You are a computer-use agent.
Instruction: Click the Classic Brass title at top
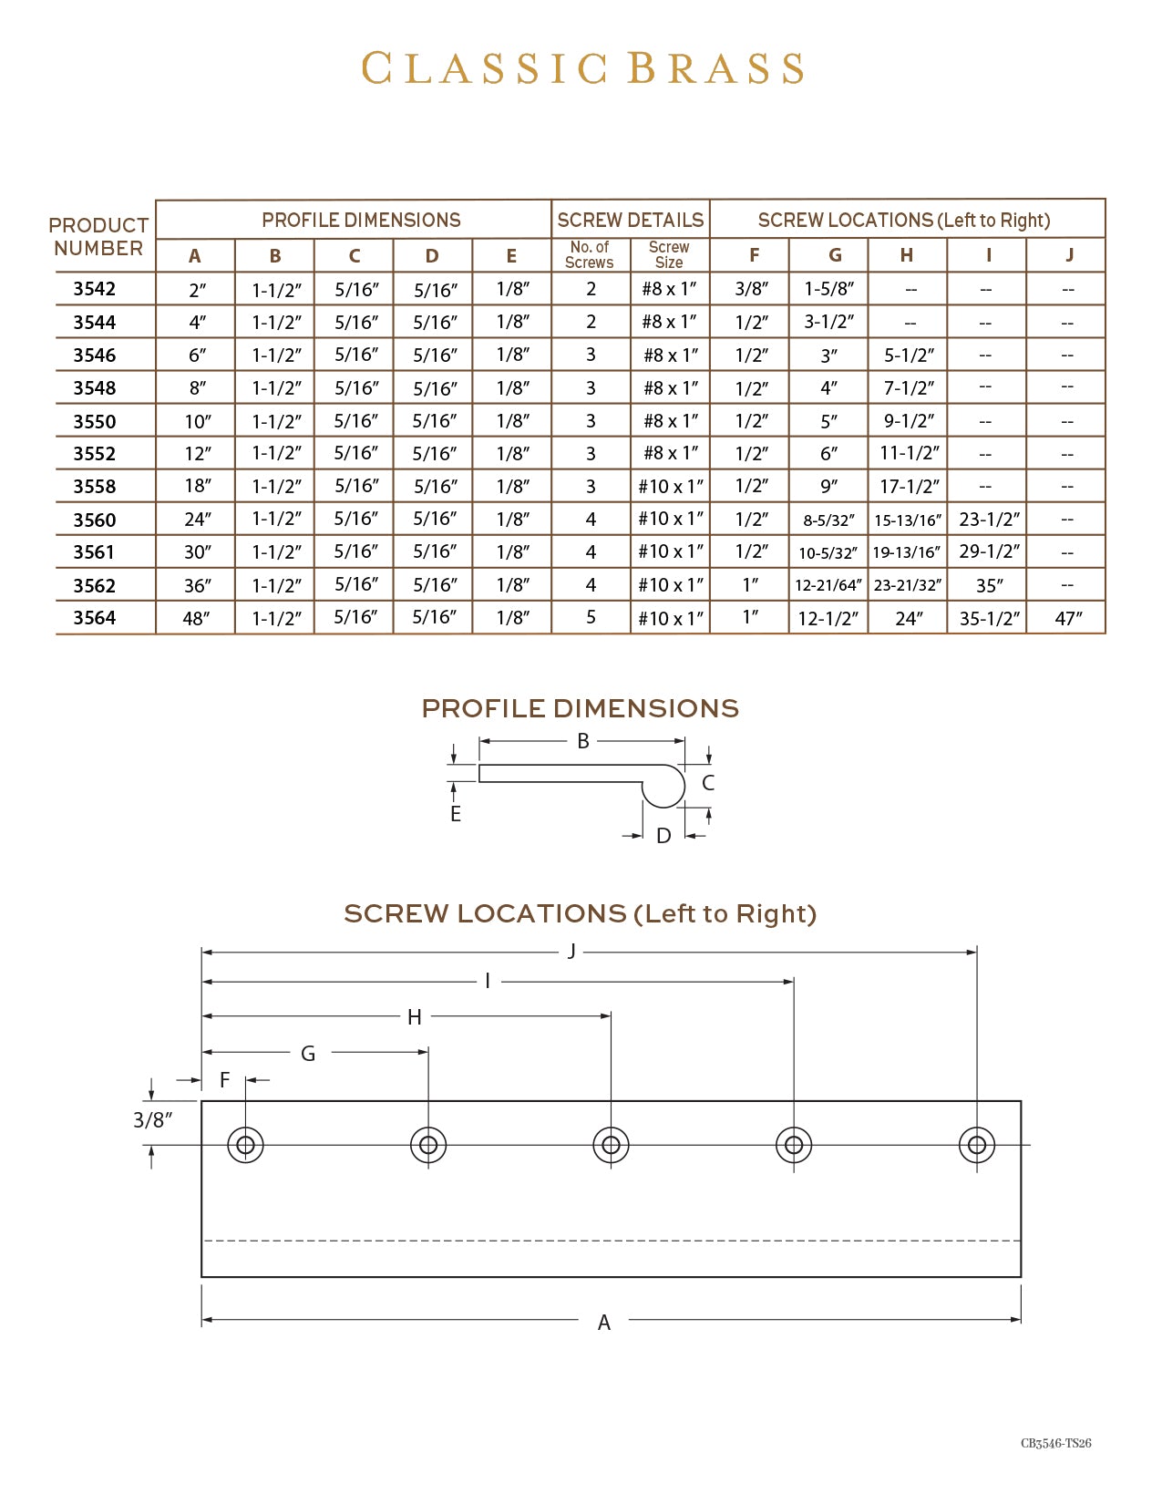coord(582,69)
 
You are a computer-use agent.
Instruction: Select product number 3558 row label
coord(95,487)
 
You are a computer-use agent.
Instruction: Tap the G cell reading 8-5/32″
coord(828,520)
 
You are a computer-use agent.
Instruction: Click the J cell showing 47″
coord(1068,619)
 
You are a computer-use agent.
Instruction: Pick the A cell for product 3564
coord(196,619)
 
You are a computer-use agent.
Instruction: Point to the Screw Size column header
coord(669,255)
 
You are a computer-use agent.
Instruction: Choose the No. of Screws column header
coord(590,255)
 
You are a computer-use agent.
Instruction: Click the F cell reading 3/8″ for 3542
coord(752,289)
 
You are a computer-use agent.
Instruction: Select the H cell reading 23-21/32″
coord(907,585)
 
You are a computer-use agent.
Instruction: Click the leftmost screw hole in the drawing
coord(245,1145)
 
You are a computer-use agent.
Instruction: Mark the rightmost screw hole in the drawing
coord(977,1145)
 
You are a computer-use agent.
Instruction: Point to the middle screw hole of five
coord(611,1145)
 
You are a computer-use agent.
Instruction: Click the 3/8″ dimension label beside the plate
coord(152,1120)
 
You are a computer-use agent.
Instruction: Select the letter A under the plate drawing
coord(603,1323)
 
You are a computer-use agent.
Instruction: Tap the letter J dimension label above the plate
coord(571,952)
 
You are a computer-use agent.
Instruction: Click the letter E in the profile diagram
coord(456,814)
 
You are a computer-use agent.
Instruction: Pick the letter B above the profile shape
coord(583,741)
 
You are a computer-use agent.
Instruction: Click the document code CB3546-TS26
coord(1055,1443)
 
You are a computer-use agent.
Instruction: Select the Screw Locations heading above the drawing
coord(580,914)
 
